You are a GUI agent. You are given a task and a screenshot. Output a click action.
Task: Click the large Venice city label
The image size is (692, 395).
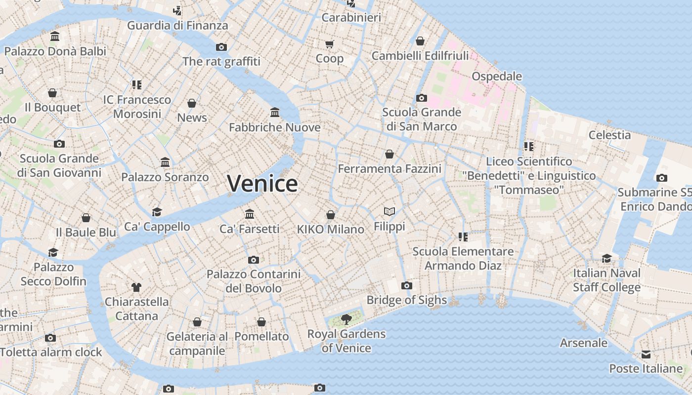pyautogui.click(x=262, y=184)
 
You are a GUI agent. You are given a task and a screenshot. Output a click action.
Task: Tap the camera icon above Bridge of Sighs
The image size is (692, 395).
pyautogui.click(x=407, y=285)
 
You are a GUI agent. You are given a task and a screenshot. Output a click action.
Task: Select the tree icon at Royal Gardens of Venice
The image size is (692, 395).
pyautogui.click(x=346, y=319)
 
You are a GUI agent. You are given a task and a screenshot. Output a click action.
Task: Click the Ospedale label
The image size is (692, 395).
pyautogui.click(x=497, y=76)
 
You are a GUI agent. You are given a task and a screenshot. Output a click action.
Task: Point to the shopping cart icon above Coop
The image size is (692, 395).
pyautogui.click(x=330, y=44)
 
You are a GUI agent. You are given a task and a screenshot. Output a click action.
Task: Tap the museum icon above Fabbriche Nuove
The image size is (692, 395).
pyautogui.click(x=275, y=113)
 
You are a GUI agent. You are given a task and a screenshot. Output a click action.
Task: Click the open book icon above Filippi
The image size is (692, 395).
pyautogui.click(x=389, y=212)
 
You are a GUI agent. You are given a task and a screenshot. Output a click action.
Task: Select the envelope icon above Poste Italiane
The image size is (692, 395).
pyautogui.click(x=646, y=354)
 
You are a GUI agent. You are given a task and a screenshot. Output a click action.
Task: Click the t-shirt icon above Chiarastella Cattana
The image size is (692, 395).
pyautogui.click(x=136, y=287)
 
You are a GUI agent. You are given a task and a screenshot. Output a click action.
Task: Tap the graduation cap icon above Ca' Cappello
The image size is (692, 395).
pyautogui.click(x=157, y=212)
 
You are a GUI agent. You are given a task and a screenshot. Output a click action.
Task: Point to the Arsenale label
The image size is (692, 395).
pyautogui.click(x=584, y=342)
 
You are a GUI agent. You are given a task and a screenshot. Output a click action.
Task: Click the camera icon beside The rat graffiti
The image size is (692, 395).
pyautogui.click(x=221, y=47)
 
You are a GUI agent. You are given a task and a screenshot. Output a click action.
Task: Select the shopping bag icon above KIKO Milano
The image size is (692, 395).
pyautogui.click(x=331, y=215)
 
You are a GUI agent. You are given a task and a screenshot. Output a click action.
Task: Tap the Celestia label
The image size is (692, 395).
pyautogui.click(x=609, y=135)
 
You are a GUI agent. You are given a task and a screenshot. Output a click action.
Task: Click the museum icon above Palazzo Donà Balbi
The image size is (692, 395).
pyautogui.click(x=55, y=37)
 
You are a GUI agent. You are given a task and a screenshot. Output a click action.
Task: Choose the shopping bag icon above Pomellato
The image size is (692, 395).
pyautogui.click(x=261, y=322)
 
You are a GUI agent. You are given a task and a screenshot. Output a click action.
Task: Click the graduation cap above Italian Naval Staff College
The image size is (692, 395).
pyautogui.click(x=606, y=258)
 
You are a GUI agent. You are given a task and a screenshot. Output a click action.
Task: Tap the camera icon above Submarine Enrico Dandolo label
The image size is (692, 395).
pyautogui.click(x=662, y=178)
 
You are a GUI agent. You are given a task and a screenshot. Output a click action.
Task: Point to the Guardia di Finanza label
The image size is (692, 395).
pyautogui.click(x=177, y=25)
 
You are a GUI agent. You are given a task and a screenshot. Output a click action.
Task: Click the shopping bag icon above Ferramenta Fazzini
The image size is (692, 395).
pyautogui.click(x=389, y=154)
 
